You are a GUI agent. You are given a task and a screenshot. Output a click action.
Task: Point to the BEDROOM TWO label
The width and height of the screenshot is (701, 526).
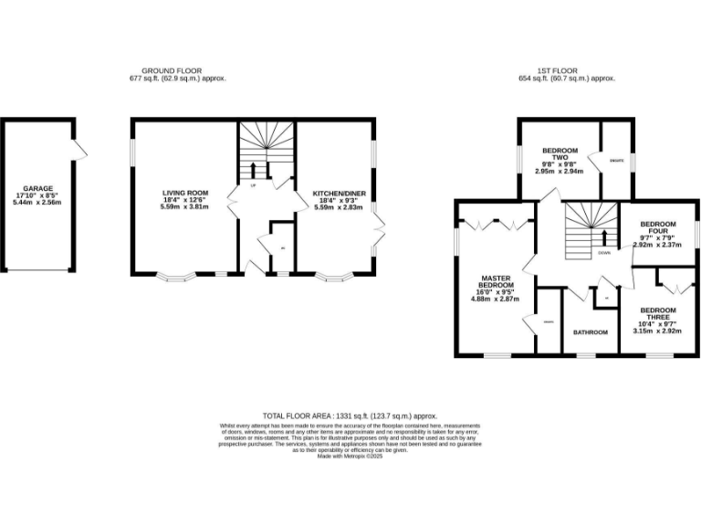pyautogui.click(x=560, y=153)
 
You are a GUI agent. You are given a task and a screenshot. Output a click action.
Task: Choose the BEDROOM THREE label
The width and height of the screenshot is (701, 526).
pyautogui.click(x=657, y=313)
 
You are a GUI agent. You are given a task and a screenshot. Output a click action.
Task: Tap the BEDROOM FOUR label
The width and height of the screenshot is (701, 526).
pyautogui.click(x=657, y=227)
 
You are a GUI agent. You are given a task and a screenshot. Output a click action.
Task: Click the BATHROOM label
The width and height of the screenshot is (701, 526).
pyautogui.click(x=590, y=332)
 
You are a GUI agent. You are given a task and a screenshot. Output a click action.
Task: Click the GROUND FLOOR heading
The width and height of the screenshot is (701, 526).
pyautogui.click(x=172, y=70)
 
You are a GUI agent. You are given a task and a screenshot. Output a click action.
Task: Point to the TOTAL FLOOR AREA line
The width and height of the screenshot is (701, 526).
pyautogui.click(x=350, y=415)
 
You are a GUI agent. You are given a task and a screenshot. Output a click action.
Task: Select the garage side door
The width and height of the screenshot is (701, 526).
pyautogui.click(x=80, y=146)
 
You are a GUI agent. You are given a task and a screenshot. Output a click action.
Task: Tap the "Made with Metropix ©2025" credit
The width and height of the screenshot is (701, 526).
pyautogui.click(x=350, y=456)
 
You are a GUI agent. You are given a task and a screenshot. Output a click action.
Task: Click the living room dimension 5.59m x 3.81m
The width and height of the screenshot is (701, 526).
pyautogui.click(x=185, y=207)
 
